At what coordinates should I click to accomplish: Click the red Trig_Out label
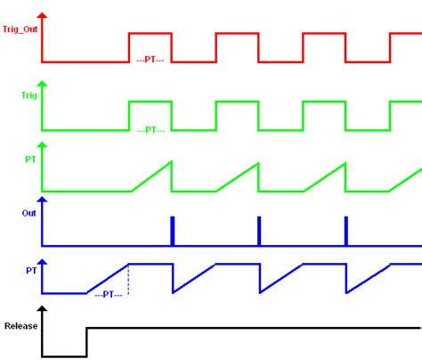click(20, 29)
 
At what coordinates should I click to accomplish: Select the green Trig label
click(29, 95)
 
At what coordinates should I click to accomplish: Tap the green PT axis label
click(30, 160)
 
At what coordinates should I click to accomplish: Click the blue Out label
click(28, 213)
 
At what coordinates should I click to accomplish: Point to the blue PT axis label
click(31, 271)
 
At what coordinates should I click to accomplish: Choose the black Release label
click(20, 326)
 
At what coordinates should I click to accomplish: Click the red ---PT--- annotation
click(150, 60)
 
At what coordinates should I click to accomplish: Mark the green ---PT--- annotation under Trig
click(150, 130)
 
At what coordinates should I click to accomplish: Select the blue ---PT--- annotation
click(109, 295)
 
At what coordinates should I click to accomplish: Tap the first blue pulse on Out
click(173, 231)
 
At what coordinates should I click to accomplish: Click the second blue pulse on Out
click(259, 231)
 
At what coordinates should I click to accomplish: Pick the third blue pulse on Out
click(346, 231)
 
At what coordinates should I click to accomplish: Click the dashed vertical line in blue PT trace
click(128, 279)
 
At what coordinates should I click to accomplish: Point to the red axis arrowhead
click(43, 15)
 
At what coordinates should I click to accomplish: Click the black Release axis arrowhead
click(43, 308)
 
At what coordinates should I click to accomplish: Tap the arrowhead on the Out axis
click(43, 200)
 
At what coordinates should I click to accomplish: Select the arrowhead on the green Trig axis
click(43, 84)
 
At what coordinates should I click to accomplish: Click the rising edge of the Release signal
click(86, 342)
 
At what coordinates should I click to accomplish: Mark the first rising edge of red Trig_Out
click(129, 47)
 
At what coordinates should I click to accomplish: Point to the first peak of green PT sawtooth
click(171, 161)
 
